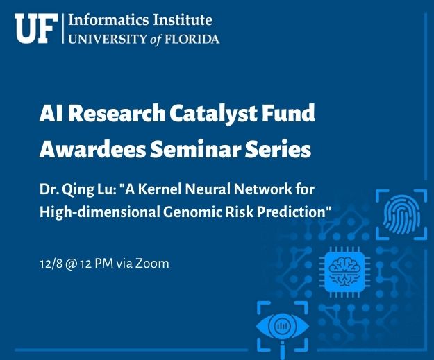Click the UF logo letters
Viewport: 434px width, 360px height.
tap(36, 28)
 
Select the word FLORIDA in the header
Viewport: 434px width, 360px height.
tap(192, 39)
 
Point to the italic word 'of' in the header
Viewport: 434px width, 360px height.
tap(156, 40)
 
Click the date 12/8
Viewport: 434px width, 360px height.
tap(51, 264)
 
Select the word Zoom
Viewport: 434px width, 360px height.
tap(152, 264)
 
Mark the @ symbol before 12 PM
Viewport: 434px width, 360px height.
tap(71, 264)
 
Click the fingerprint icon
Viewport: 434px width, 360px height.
tap(401, 214)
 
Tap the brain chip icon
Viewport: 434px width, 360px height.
tap(344, 272)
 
